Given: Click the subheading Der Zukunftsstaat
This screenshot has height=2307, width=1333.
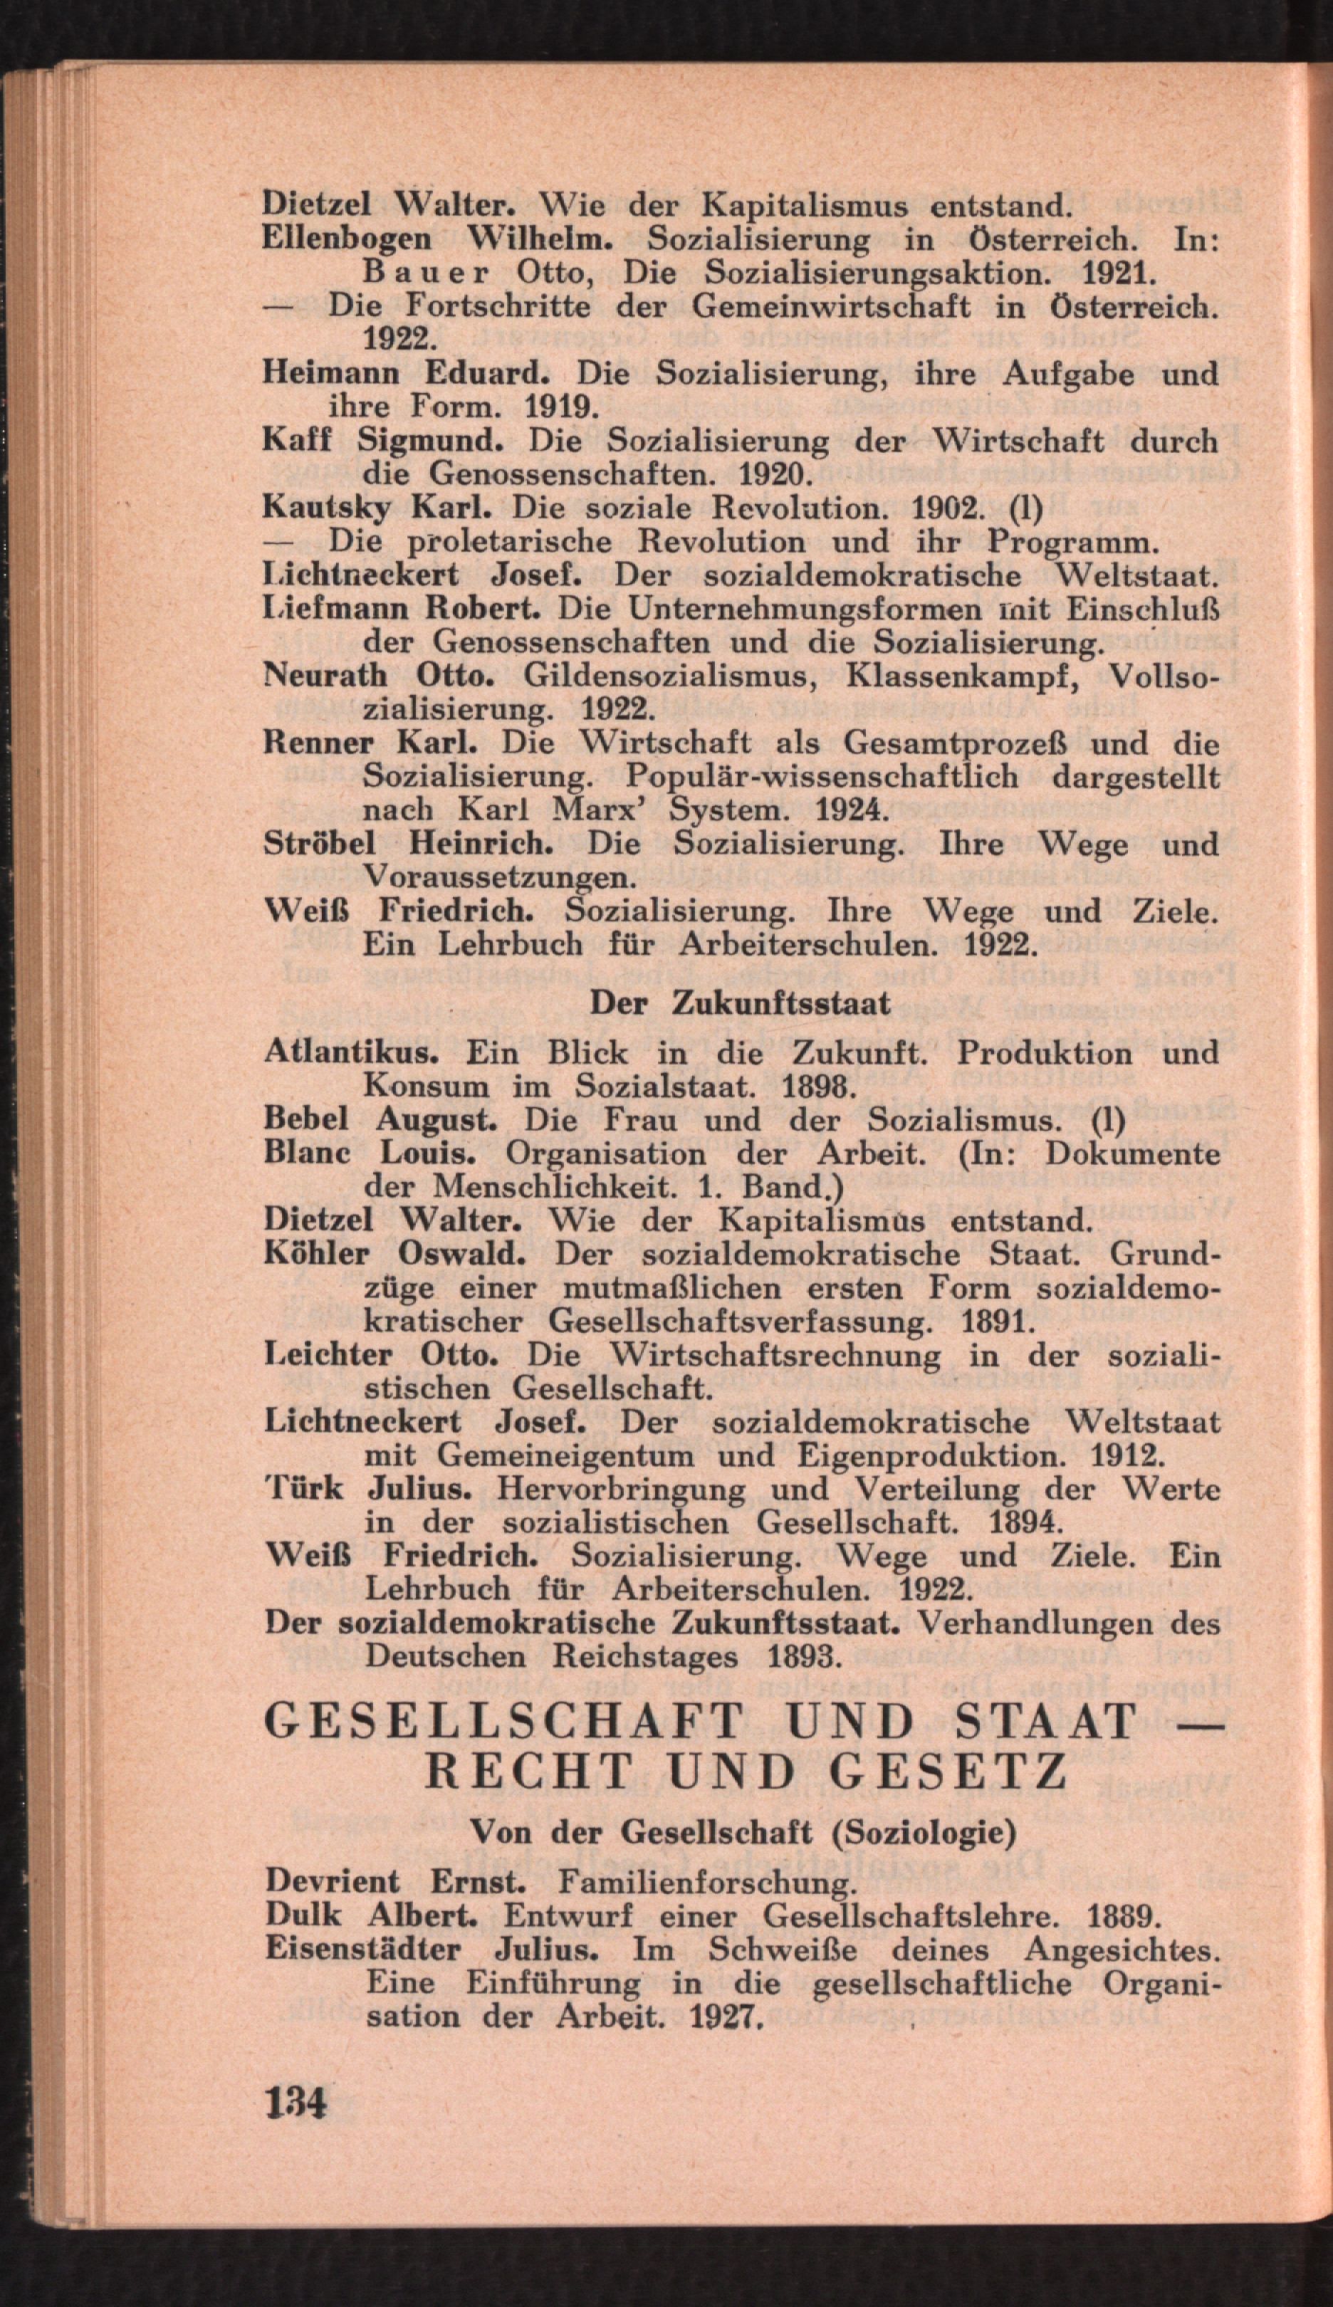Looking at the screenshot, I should pyautogui.click(x=739, y=1003).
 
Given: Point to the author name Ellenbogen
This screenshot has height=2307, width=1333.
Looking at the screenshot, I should pyautogui.click(x=346, y=240).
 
